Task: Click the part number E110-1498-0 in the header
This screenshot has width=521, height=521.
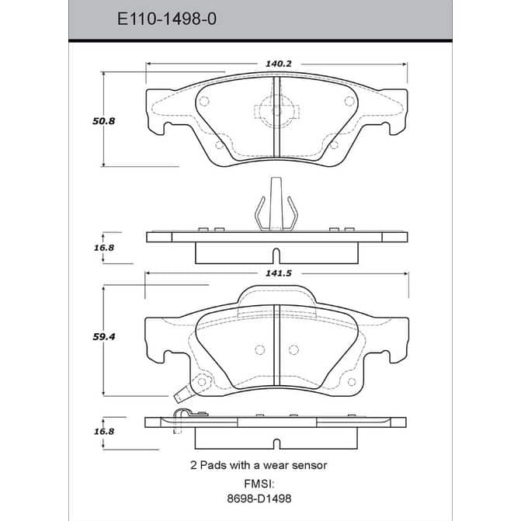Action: [167, 19]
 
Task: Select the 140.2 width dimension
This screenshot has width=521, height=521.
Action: [279, 64]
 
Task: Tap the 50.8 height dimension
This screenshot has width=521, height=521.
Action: [104, 121]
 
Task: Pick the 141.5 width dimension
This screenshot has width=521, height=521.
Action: [279, 273]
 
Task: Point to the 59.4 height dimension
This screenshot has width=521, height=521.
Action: [104, 337]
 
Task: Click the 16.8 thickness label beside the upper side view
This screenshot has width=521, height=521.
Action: [104, 248]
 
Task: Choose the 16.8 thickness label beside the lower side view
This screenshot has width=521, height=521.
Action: [104, 431]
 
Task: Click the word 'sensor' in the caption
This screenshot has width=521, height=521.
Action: [310, 466]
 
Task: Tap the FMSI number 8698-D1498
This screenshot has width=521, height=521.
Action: [259, 498]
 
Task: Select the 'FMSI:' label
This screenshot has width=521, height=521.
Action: [259, 484]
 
